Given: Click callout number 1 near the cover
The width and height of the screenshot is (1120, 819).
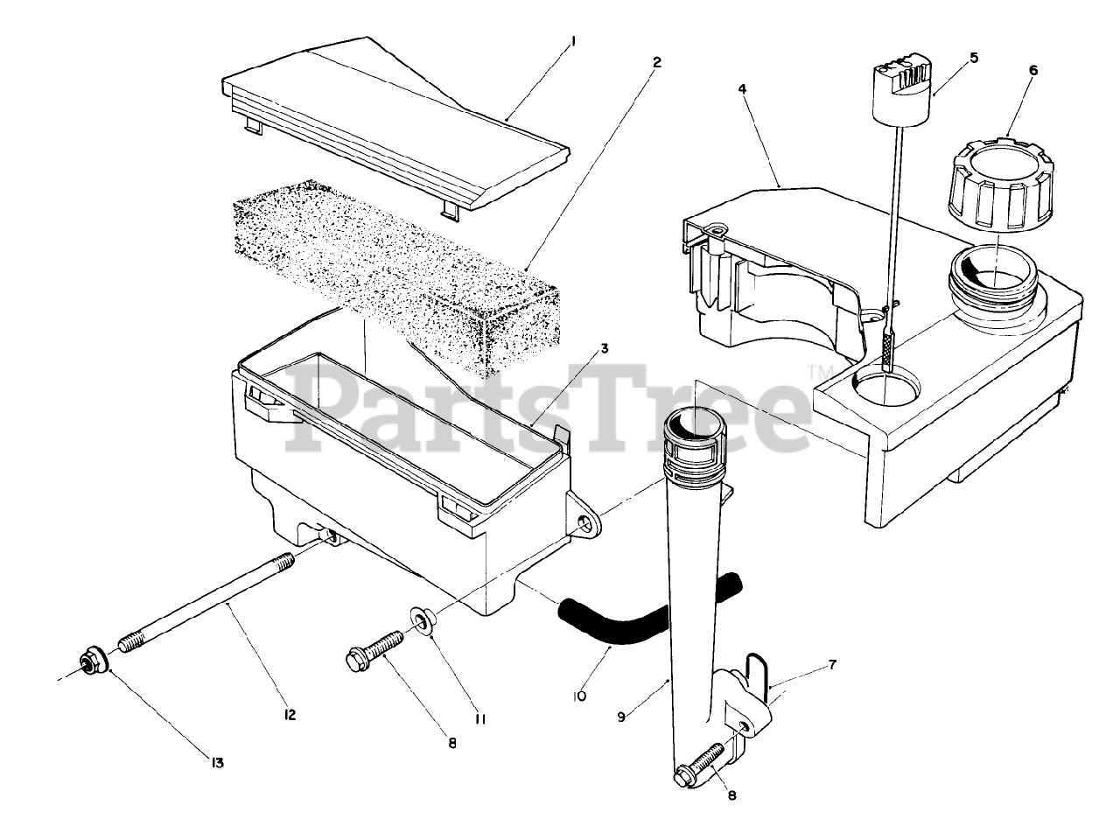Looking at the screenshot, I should click(573, 40).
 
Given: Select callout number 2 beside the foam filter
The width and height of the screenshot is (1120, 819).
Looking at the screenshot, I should click(657, 61).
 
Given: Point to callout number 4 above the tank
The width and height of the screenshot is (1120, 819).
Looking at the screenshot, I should click(741, 89).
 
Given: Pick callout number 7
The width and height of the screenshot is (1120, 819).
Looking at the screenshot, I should click(831, 665).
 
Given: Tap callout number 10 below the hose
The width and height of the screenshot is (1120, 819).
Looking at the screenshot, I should click(580, 696).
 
